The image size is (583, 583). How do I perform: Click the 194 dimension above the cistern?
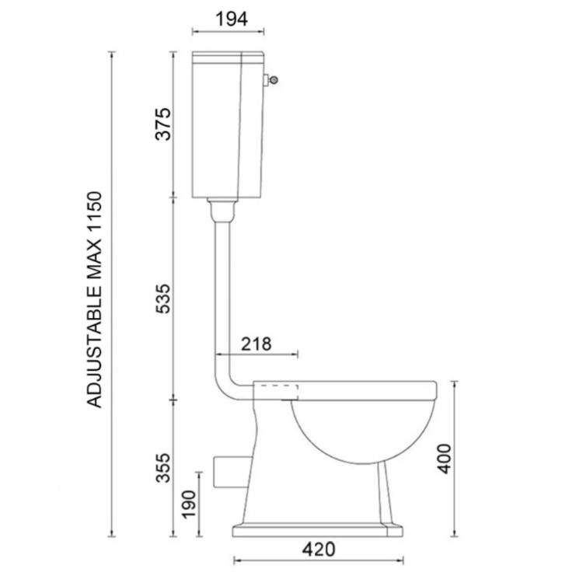232,19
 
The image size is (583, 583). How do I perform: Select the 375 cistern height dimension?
163,124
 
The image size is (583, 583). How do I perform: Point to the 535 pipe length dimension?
163,298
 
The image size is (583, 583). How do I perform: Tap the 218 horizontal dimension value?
257,344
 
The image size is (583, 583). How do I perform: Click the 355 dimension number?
163,467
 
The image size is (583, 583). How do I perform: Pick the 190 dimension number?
188,504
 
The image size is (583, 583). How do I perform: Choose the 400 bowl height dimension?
444,459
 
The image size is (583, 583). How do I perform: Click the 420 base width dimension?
318,549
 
